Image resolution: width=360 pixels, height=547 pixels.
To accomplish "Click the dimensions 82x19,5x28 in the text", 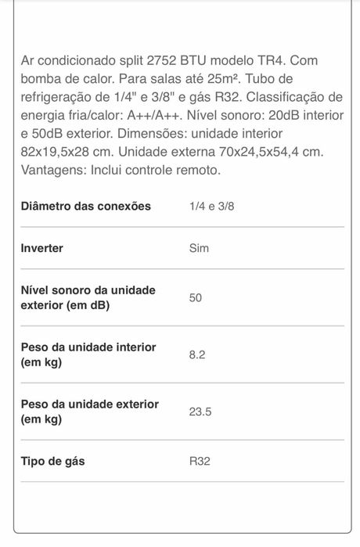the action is (63, 150).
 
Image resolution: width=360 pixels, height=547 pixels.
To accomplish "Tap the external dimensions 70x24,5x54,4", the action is (262, 150).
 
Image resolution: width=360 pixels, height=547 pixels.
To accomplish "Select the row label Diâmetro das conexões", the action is (85, 206).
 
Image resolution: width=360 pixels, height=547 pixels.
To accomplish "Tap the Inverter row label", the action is (41, 248).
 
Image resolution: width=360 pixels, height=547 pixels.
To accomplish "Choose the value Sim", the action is (199, 248).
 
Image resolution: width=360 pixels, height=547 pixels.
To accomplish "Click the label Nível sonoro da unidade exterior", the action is (88, 297).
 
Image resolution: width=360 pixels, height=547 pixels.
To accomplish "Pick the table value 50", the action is (196, 297).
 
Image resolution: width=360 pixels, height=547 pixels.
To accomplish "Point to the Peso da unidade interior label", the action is (88, 354).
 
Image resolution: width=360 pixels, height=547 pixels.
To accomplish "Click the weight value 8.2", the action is (197, 354).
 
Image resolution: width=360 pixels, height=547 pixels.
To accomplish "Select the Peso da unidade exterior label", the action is (89, 412).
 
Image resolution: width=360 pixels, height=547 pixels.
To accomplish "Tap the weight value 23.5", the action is (200, 412).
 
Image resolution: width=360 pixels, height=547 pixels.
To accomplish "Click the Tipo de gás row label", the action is (52, 461).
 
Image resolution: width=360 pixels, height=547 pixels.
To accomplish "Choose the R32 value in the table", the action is (200, 461).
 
